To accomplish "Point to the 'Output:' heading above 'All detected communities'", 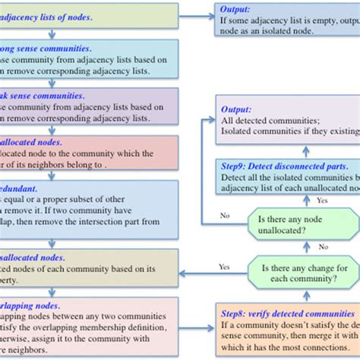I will click(235, 107).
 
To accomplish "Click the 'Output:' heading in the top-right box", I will click(235, 10).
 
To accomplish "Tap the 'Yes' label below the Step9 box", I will click(321, 201).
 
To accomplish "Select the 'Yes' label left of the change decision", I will click(223, 267).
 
